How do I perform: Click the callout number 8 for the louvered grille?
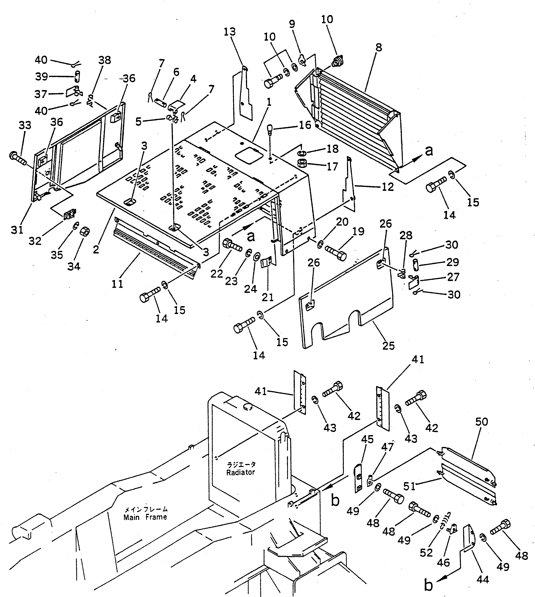(379, 48)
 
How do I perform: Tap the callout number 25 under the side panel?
(388, 346)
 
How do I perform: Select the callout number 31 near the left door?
(17, 230)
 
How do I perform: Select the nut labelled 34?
(85, 232)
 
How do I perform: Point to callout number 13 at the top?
(229, 32)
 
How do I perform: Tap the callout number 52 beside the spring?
(426, 552)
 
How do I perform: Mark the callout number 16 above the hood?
(305, 125)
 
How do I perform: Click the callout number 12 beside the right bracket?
(387, 187)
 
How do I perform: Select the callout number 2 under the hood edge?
(96, 249)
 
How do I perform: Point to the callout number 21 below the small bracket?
(267, 297)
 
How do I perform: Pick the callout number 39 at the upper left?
(41, 77)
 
